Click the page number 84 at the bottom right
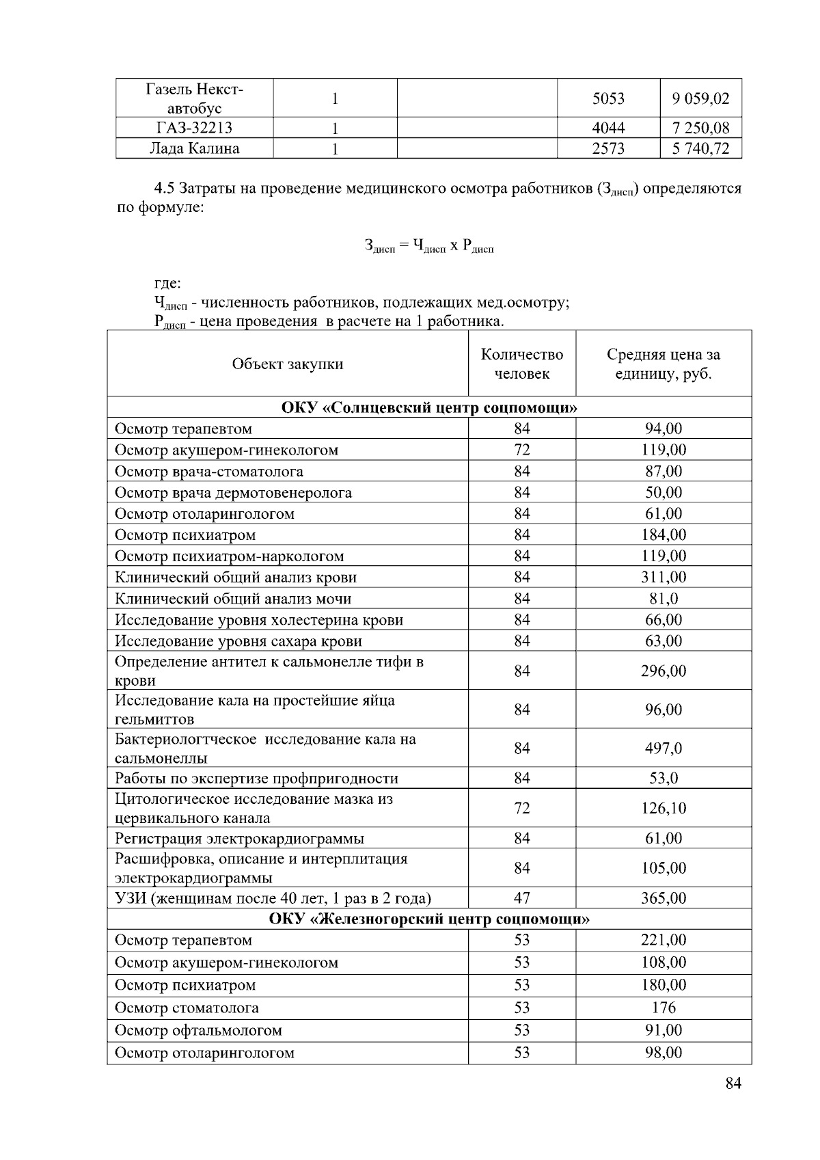(x=733, y=1083)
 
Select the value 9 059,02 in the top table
(x=700, y=98)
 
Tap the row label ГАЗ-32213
(x=194, y=128)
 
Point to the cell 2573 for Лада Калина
(x=608, y=149)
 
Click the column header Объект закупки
(x=288, y=364)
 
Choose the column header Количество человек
(x=522, y=364)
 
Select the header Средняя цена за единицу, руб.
(x=663, y=364)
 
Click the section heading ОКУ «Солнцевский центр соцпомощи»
(x=429, y=408)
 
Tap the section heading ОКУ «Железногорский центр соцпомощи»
(x=429, y=919)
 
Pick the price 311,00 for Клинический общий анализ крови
(x=663, y=577)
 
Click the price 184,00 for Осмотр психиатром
(x=663, y=535)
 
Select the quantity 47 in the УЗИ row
(x=522, y=898)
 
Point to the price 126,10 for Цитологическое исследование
(x=663, y=808)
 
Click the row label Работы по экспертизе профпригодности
(x=256, y=779)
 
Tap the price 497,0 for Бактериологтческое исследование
(x=663, y=748)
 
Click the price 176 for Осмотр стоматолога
(x=663, y=1008)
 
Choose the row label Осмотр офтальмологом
(x=198, y=1030)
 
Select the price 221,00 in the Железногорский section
(x=663, y=940)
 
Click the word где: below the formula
(x=167, y=283)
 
